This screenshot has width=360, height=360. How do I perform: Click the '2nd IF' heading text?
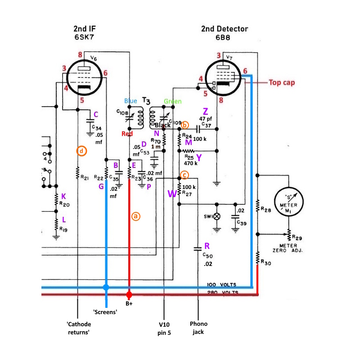pos(85,29)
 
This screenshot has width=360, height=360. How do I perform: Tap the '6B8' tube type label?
pos(223,37)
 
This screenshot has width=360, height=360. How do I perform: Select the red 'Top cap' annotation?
pos(282,82)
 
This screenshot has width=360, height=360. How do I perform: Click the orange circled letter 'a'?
pos(136,216)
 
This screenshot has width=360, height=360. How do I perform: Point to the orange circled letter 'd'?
pos(81,151)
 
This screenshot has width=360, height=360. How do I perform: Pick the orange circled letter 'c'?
pos(184,175)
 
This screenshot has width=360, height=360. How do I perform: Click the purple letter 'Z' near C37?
pos(206,111)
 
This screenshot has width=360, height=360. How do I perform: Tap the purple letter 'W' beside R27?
pos(172,193)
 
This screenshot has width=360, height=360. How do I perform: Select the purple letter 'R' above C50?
pos(207,246)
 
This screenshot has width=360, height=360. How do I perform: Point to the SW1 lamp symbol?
pos(217,216)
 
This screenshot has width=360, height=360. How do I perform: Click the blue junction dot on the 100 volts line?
pos(106,287)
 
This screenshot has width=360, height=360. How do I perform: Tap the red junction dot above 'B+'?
pos(129,295)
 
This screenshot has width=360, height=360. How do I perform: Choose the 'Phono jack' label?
pos(198,328)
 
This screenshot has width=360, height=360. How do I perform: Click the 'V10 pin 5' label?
pos(164,328)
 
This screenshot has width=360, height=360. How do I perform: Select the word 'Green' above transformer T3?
pos(173,101)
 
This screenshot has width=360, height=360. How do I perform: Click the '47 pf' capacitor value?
pos(206,119)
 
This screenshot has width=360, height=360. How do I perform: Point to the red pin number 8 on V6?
pos(80,54)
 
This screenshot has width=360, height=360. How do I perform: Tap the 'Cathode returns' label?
pos(79,328)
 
